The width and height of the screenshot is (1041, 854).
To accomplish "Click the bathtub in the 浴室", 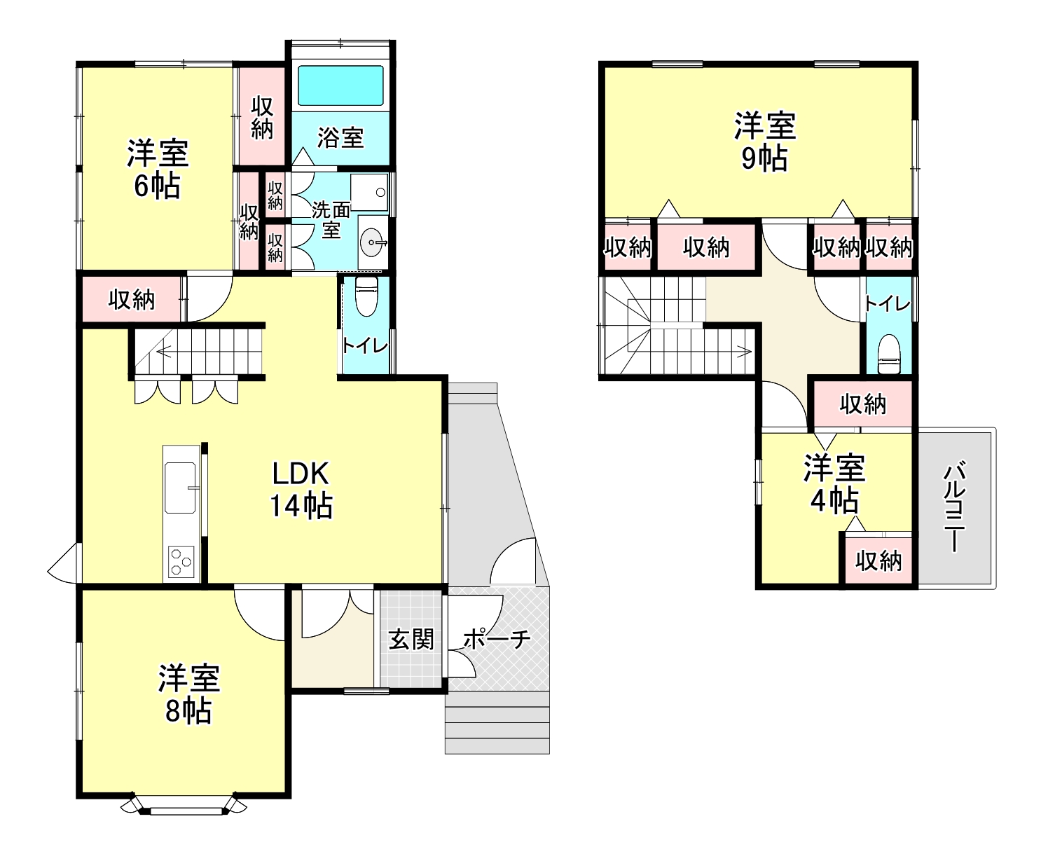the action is (x=340, y=85).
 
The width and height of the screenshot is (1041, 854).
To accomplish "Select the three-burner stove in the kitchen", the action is (x=181, y=562).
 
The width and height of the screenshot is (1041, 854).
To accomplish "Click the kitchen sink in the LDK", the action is (x=180, y=488).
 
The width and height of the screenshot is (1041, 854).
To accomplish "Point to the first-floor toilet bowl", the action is (x=366, y=296).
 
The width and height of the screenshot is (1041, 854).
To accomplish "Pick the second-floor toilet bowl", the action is (x=890, y=354).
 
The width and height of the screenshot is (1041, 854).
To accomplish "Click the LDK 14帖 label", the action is (x=301, y=489).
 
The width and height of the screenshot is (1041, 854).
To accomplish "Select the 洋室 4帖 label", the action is (x=834, y=484).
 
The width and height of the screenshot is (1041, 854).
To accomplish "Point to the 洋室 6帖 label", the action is (x=158, y=170).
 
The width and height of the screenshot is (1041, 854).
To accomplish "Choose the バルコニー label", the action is (x=955, y=507).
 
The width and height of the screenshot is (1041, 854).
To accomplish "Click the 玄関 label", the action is (x=411, y=640).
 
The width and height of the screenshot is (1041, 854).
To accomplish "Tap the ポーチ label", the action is (x=497, y=640).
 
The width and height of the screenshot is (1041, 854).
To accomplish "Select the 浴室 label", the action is (x=340, y=138).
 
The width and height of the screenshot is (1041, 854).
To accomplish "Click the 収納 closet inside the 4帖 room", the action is (x=878, y=560).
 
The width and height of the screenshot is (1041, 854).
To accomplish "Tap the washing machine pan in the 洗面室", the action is (x=368, y=192).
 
